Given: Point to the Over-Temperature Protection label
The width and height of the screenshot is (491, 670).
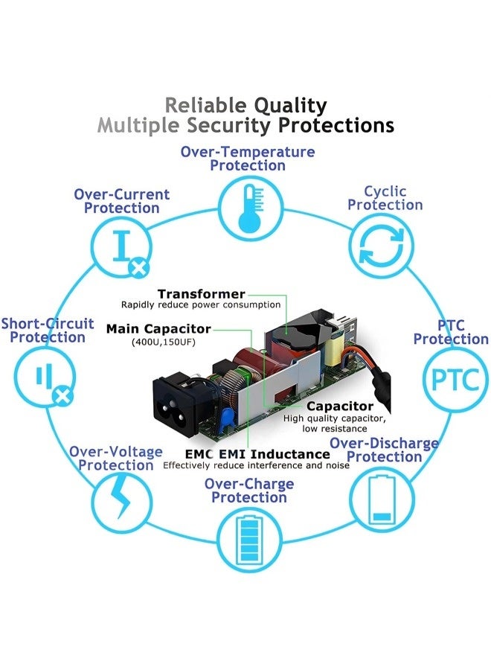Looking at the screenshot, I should point(248,159).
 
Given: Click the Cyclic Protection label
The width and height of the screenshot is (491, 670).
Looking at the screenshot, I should point(385,198).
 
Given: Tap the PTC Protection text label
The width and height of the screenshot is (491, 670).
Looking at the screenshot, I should point(451,332).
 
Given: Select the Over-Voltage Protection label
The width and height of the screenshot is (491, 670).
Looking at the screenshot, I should point(116,459).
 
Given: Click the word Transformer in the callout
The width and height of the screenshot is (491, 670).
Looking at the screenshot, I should point(201,294).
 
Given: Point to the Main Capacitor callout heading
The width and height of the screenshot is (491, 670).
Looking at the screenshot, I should point(158,328).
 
